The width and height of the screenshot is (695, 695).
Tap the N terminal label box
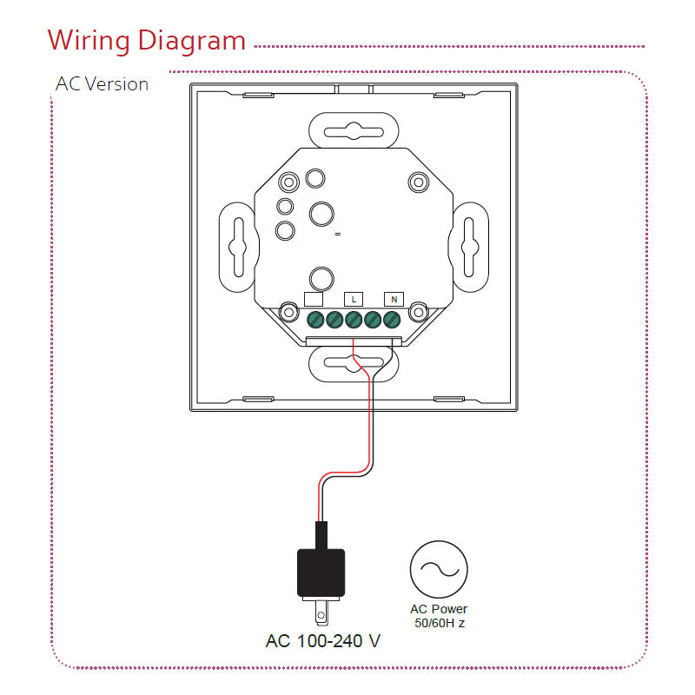tap(394, 299)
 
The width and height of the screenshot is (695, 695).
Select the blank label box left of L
tap(313, 299)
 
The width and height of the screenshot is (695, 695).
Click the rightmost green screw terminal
tap(393, 320)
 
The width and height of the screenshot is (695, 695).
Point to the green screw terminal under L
tap(354, 320)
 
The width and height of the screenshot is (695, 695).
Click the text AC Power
tap(439, 609)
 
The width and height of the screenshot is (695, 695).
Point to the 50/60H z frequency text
tap(439, 624)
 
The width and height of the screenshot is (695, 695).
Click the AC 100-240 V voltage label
tap(322, 641)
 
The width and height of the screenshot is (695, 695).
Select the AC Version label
tap(102, 84)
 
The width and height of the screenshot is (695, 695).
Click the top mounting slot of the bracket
tap(354, 131)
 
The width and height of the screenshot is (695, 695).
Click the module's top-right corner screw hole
tap(419, 182)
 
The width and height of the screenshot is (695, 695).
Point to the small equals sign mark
tap(337, 235)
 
